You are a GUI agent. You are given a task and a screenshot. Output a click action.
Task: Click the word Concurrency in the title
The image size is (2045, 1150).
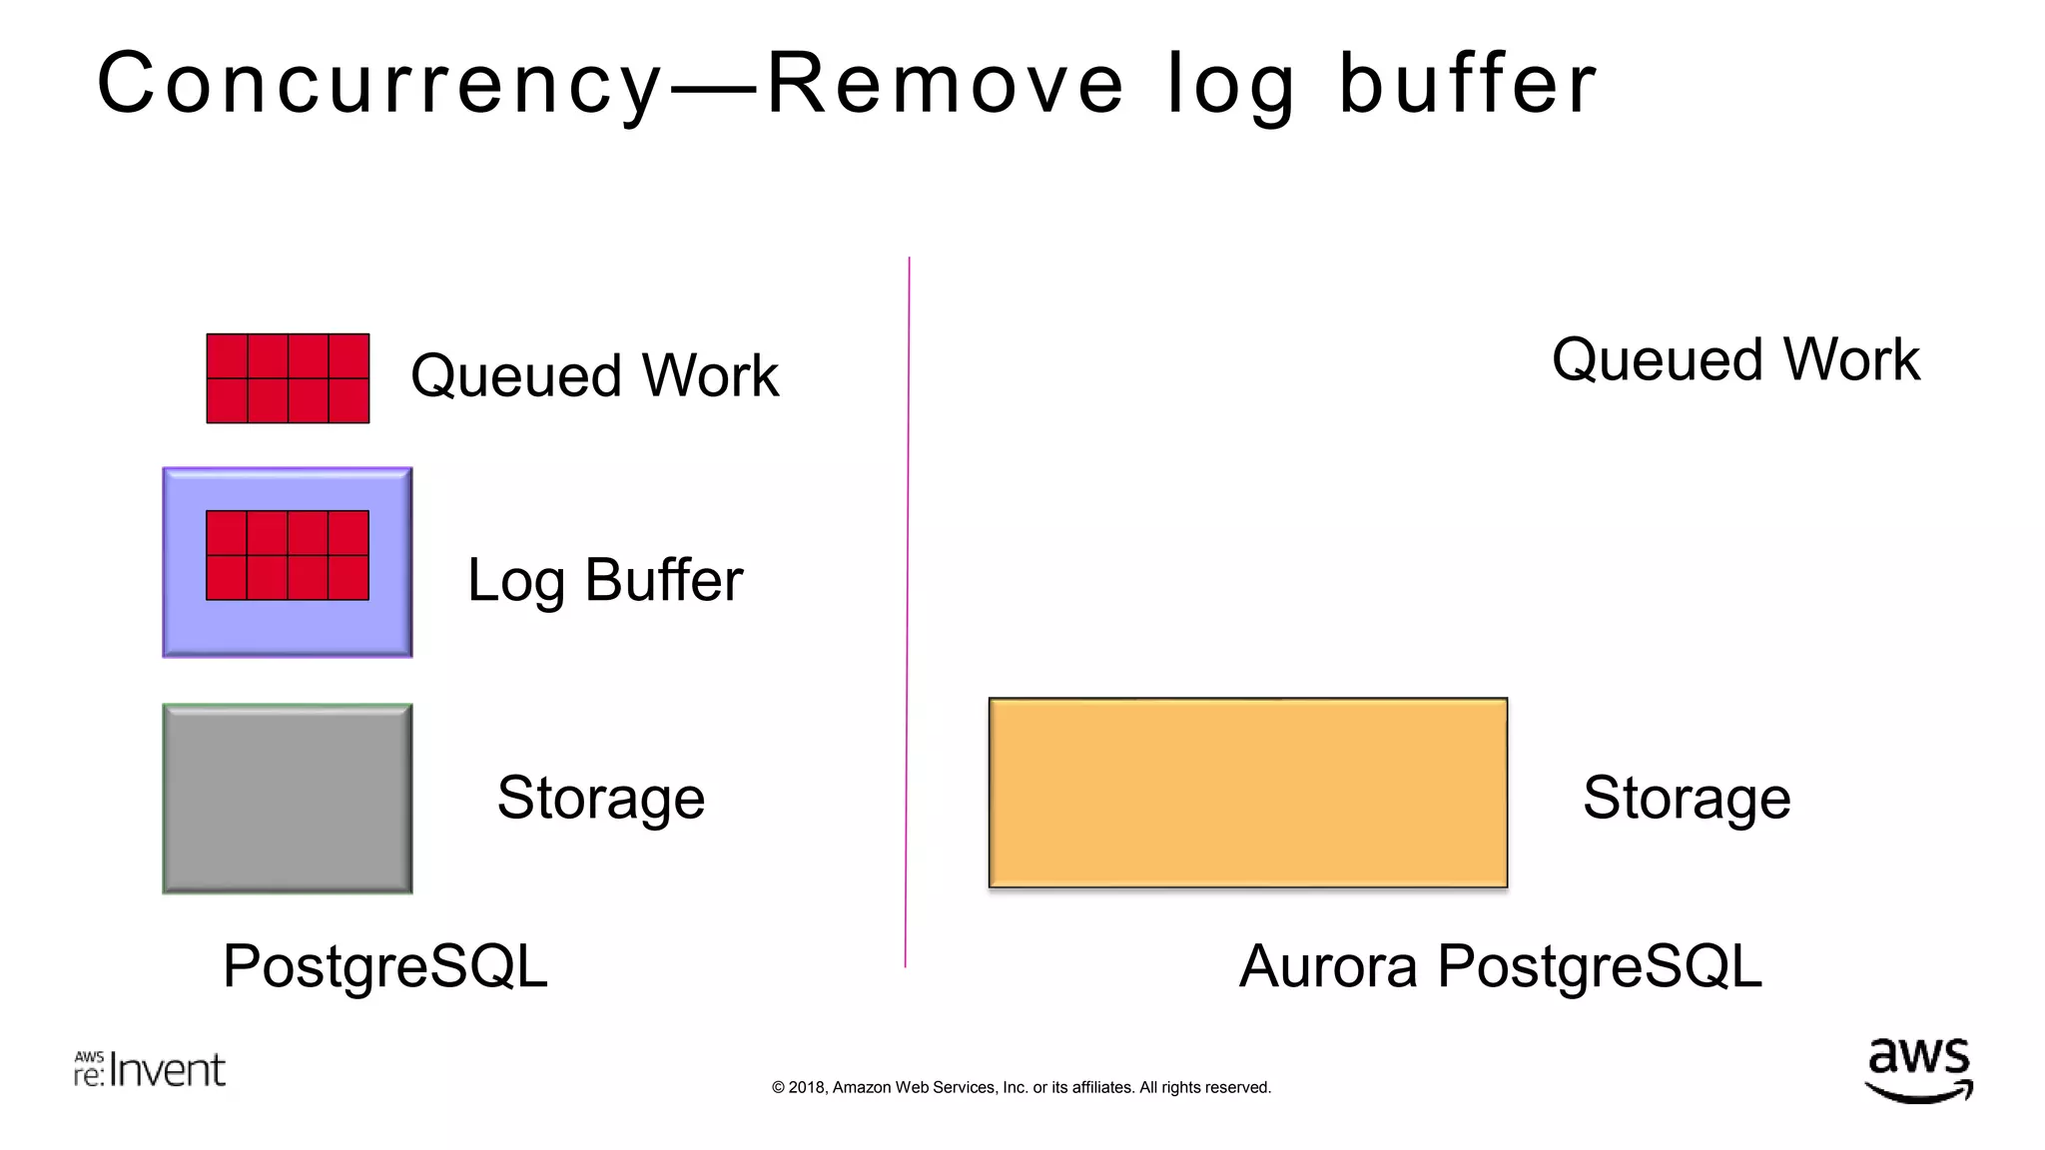(379, 85)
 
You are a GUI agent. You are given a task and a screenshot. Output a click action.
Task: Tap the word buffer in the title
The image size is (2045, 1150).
(1468, 85)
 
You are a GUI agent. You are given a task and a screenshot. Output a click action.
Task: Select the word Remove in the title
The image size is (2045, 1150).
(945, 85)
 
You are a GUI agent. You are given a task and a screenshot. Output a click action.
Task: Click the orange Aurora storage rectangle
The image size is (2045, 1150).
(1247, 793)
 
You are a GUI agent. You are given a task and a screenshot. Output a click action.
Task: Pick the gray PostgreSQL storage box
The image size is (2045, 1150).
(288, 799)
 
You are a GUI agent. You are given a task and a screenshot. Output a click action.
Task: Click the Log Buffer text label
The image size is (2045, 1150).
(605, 580)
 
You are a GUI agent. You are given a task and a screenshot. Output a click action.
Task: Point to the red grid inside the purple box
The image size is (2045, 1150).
(288, 555)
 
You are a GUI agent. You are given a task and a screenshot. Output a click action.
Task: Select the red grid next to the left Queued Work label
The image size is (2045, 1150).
(288, 378)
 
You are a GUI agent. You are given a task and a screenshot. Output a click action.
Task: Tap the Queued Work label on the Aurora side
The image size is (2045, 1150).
(1735, 359)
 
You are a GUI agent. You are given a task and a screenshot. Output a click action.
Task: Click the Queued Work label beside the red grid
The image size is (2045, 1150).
(594, 376)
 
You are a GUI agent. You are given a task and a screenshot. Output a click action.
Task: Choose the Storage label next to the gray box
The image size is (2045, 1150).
(601, 798)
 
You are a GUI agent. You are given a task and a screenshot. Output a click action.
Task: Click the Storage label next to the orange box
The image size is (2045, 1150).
(1687, 798)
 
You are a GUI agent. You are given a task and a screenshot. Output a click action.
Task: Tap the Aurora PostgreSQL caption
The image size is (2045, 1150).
(1500, 966)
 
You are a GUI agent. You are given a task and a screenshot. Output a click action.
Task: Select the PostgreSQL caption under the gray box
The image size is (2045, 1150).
(385, 966)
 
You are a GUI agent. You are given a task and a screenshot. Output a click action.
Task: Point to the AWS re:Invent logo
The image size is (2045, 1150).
(150, 1069)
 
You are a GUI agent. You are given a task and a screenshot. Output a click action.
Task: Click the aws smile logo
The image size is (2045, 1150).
(1918, 1070)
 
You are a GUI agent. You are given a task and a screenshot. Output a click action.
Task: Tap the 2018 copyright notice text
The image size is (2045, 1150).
(1021, 1087)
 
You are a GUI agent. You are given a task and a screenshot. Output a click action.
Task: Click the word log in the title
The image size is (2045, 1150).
(1231, 85)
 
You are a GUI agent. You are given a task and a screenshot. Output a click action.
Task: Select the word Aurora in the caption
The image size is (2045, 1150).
(1328, 966)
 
